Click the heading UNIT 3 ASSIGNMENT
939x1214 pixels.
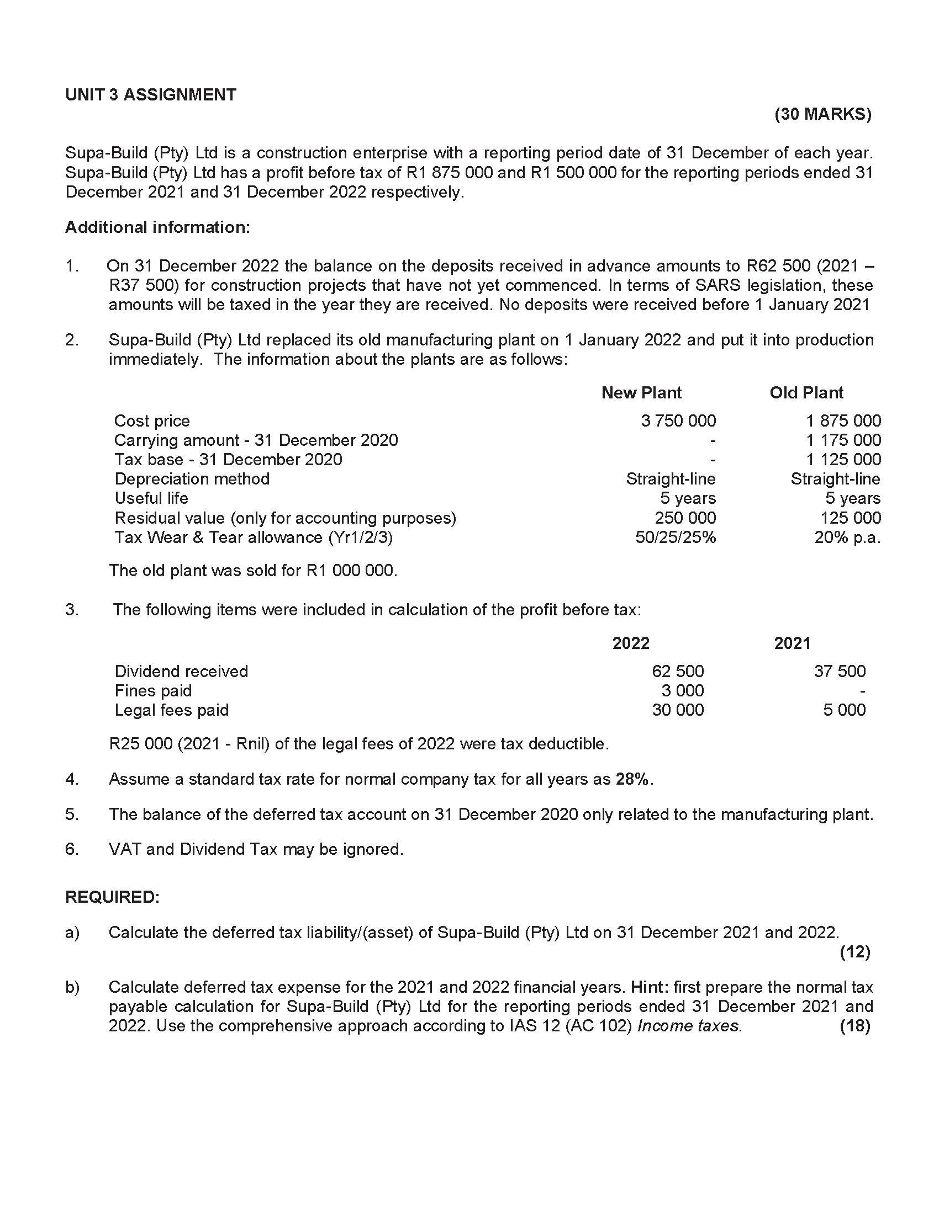150,95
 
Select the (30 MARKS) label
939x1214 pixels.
822,115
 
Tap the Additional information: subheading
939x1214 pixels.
157,227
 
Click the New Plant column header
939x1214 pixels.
641,393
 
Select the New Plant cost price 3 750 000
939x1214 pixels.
678,421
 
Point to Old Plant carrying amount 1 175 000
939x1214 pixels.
843,440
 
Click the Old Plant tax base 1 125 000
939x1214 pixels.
843,460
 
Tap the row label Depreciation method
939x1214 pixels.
192,479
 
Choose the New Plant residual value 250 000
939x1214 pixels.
685,518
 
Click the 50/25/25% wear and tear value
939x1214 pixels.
676,537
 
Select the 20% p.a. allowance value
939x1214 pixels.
847,537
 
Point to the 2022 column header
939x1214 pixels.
630,643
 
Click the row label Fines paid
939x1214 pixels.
153,691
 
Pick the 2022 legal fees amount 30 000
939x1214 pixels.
678,710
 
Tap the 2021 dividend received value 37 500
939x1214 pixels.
839,672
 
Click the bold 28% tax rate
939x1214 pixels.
631,779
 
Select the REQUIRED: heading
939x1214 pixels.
112,897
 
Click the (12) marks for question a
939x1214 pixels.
854,952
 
